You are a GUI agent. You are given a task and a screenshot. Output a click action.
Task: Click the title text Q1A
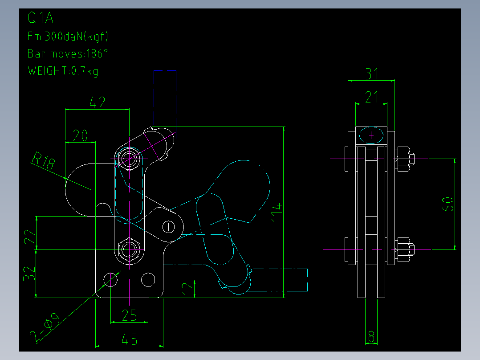pos(41,18)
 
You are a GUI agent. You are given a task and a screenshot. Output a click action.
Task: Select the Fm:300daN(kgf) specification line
pos(68,37)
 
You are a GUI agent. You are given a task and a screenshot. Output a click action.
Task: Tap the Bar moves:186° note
pos(68,53)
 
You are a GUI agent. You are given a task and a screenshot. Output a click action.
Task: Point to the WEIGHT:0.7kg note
pos(63,71)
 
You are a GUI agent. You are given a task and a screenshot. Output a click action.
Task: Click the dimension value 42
pos(98,102)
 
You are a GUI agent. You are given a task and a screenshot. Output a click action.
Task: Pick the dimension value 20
pos(81,135)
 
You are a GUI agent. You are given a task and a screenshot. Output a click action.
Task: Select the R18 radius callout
pos(44,160)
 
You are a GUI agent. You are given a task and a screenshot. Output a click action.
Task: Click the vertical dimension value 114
pos(277,211)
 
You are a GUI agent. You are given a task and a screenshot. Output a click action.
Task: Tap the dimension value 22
pos(30,237)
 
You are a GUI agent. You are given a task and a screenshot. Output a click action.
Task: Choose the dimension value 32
pos(29,273)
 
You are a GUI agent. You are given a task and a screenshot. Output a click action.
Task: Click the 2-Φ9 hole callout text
pos(45,327)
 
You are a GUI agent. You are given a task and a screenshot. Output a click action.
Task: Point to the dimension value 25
pos(129,315)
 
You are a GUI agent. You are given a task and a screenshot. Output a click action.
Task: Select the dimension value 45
pos(129,340)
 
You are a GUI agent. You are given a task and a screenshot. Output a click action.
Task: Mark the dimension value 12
pos(187,289)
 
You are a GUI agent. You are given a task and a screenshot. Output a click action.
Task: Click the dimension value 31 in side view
pos(372,74)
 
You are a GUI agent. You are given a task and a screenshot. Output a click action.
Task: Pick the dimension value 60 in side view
pos(448,205)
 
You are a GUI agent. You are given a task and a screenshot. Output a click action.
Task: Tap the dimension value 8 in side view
pos(371,337)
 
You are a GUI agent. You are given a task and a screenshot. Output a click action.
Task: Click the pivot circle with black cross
pos(168,227)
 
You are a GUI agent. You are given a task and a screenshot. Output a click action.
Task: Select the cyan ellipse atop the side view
pos(371,135)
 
